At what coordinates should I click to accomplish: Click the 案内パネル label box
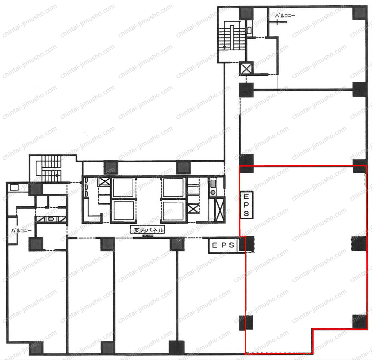click(x=147, y=230)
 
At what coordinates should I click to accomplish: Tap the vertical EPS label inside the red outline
click(x=247, y=205)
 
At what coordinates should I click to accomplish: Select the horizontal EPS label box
click(x=223, y=245)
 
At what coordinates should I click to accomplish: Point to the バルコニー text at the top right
click(x=285, y=16)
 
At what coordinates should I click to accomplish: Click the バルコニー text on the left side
click(x=21, y=230)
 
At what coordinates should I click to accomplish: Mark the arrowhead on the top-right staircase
click(x=225, y=47)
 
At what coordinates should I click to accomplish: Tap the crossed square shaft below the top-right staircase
click(x=246, y=69)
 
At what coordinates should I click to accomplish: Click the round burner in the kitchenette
click(x=213, y=192)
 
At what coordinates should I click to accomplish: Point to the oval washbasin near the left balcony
click(x=51, y=219)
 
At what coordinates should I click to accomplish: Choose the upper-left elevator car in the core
click(x=123, y=187)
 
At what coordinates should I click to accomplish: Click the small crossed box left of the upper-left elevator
click(x=104, y=182)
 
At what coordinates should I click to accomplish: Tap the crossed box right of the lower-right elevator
click(x=193, y=209)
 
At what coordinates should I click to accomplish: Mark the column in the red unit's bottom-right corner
click(x=360, y=322)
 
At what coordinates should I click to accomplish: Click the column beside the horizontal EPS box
click(x=247, y=244)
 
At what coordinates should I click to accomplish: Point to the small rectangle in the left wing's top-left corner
click(x=14, y=188)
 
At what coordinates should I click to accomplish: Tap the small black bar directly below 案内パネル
click(x=147, y=236)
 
